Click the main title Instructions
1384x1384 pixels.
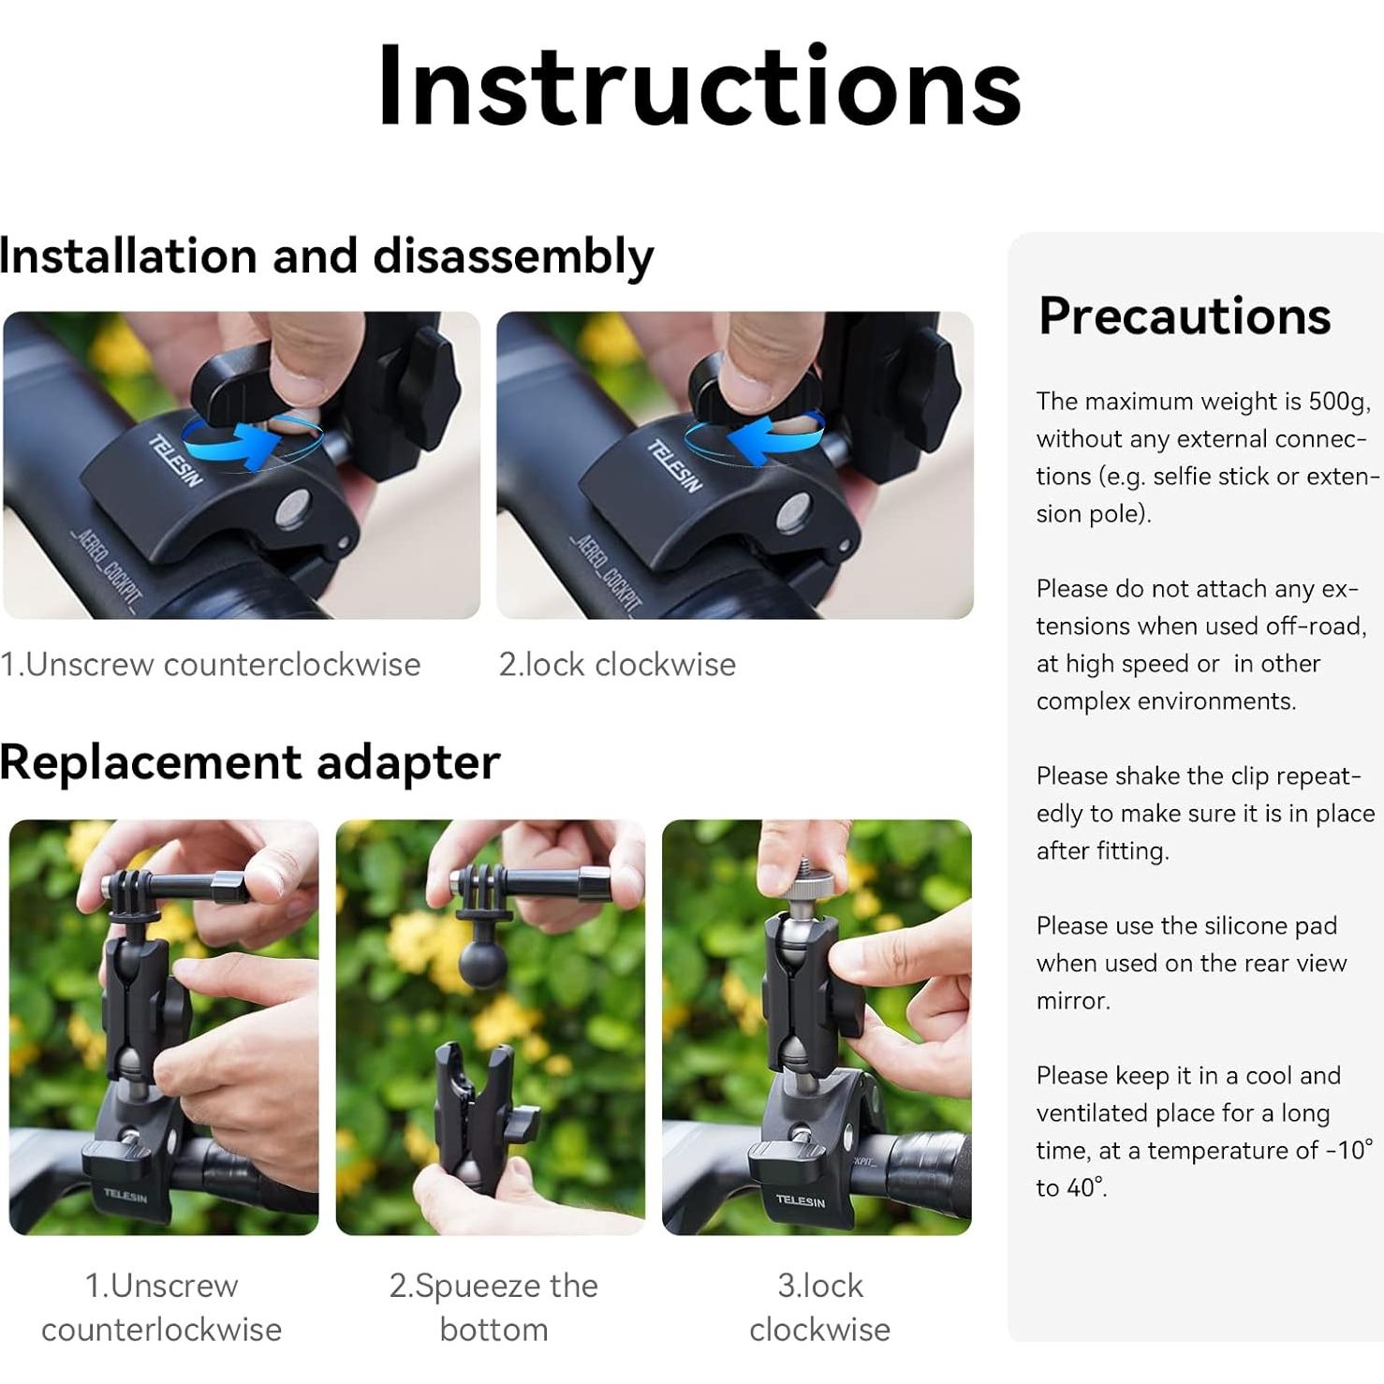click(699, 86)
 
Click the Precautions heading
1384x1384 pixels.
click(1185, 316)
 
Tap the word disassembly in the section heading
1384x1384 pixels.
click(513, 257)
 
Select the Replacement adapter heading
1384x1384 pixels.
click(249, 762)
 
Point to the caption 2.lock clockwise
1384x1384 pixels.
click(617, 664)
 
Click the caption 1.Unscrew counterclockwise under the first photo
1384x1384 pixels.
click(211, 664)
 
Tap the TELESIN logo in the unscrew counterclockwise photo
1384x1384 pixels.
click(176, 462)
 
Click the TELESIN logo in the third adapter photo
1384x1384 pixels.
click(800, 1200)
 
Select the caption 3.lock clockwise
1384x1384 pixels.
click(820, 1307)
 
